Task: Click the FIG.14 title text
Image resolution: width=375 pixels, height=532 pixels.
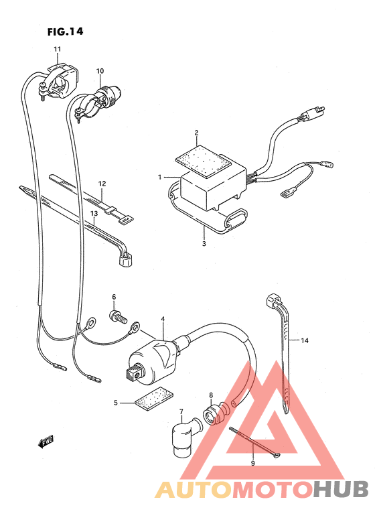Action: pyautogui.click(x=65, y=30)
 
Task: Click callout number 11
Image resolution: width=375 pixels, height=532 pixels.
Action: pyautogui.click(x=58, y=50)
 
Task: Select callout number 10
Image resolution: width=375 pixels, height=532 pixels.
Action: pyautogui.click(x=100, y=71)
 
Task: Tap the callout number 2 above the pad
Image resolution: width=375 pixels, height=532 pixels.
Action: pyautogui.click(x=197, y=133)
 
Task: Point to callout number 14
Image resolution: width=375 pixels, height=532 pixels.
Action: pyautogui.click(x=304, y=341)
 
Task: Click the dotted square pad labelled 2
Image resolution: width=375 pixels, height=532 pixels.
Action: pyautogui.click(x=198, y=159)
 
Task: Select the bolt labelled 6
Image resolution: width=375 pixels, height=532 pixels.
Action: pyautogui.click(x=118, y=315)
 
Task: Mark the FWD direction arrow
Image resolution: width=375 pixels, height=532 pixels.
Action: pyautogui.click(x=46, y=442)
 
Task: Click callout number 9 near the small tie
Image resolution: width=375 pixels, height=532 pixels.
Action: pyautogui.click(x=252, y=463)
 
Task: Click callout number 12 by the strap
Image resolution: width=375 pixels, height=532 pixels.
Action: pyautogui.click(x=102, y=183)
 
